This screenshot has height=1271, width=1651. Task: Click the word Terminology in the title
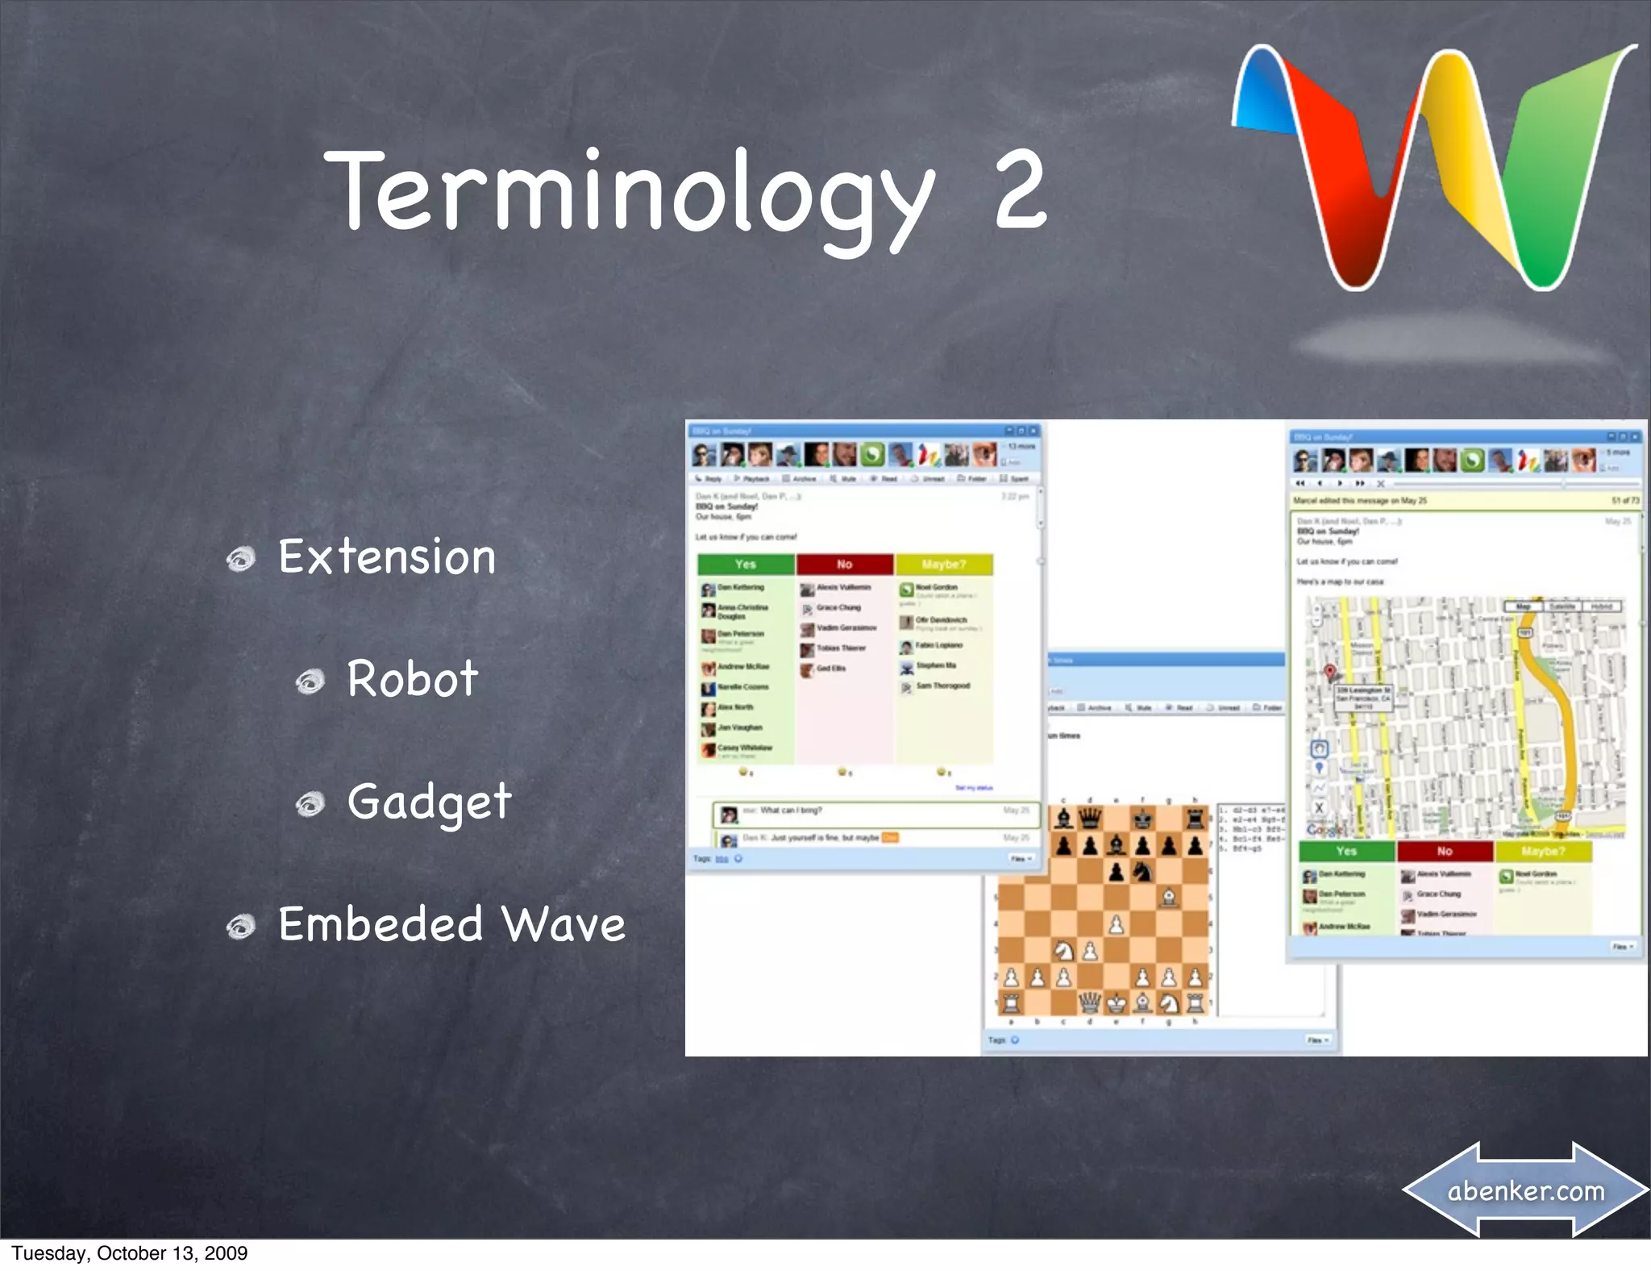pyautogui.click(x=629, y=194)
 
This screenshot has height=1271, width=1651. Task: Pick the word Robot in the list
pyautogui.click(x=412, y=678)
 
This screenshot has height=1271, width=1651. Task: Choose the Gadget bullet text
pyautogui.click(x=429, y=802)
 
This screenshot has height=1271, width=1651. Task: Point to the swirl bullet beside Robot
pyautogui.click(x=310, y=681)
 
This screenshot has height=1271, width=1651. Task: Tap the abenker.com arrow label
pyautogui.click(x=1525, y=1190)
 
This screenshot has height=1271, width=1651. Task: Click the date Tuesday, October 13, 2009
pyautogui.click(x=129, y=1253)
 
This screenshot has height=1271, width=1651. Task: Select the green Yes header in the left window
pyautogui.click(x=746, y=565)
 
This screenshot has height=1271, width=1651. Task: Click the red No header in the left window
pyautogui.click(x=844, y=565)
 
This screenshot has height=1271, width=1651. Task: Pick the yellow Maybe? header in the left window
pyautogui.click(x=943, y=565)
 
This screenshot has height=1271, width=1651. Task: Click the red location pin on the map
pyautogui.click(x=1330, y=672)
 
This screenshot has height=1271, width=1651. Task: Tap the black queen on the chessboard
pyautogui.click(x=1090, y=819)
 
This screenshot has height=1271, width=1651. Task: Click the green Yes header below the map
pyautogui.click(x=1346, y=851)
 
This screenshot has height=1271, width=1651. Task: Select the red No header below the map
pyautogui.click(x=1445, y=851)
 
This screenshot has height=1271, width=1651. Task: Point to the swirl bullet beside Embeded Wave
pyautogui.click(x=240, y=927)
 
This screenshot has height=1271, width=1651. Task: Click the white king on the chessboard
pyautogui.click(x=1116, y=1002)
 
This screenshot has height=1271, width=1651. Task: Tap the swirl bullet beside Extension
pyautogui.click(x=240, y=559)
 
